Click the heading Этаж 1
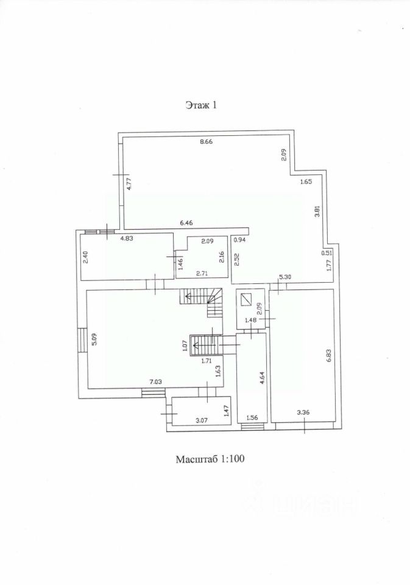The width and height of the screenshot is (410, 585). click(x=201, y=105)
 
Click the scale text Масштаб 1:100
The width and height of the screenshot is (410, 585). click(x=210, y=458)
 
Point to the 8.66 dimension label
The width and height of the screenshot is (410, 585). click(x=206, y=141)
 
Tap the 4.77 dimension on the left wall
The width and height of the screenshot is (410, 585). click(x=129, y=184)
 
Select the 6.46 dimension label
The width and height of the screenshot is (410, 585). click(x=186, y=223)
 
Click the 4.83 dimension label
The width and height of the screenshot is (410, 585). click(x=127, y=238)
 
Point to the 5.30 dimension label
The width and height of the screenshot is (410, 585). click(x=286, y=277)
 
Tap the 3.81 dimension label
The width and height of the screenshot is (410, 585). click(x=317, y=211)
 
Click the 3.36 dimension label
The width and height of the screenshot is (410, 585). click(x=303, y=413)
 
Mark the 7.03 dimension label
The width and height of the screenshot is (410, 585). click(x=155, y=381)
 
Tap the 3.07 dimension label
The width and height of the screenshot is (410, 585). click(x=202, y=420)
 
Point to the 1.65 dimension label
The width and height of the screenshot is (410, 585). click(x=306, y=182)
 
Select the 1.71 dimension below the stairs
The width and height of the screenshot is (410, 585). click(x=207, y=361)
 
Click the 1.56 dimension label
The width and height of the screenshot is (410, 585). click(x=252, y=417)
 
